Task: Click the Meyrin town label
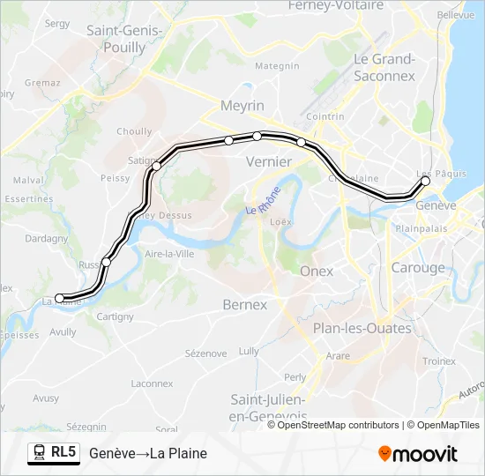(x=243, y=106)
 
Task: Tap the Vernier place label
(x=268, y=161)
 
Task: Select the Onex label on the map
(x=317, y=271)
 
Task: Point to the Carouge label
(x=418, y=268)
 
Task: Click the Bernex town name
(x=244, y=304)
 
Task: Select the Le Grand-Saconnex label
(x=384, y=67)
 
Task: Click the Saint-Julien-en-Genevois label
(x=269, y=407)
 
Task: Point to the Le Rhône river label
(x=264, y=202)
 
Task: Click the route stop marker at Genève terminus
(x=425, y=181)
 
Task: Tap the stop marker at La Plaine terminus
(x=60, y=298)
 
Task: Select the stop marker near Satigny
(x=157, y=166)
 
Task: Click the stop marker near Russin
(x=107, y=262)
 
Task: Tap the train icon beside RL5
(x=39, y=453)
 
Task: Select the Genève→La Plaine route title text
(x=148, y=453)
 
